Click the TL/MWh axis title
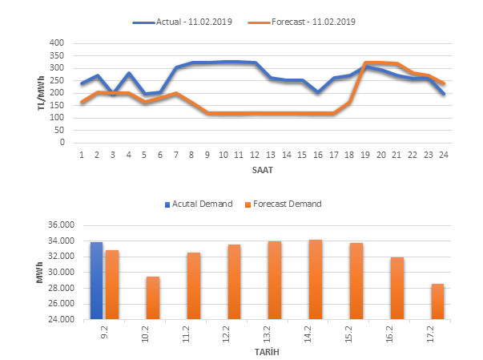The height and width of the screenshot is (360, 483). coord(42,92)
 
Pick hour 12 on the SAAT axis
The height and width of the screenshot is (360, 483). coord(254,155)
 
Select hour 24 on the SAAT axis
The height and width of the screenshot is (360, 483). coord(443,155)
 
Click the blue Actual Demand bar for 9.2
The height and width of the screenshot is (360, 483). coord(96,281)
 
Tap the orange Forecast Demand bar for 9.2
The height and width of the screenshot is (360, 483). coord(111,285)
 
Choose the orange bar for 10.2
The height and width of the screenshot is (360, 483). coord(152,297)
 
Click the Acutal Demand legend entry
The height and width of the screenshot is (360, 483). coord(202,204)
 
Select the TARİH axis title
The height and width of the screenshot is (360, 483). coord(267,351)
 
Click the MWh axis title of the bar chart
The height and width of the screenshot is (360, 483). coord(42,272)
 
